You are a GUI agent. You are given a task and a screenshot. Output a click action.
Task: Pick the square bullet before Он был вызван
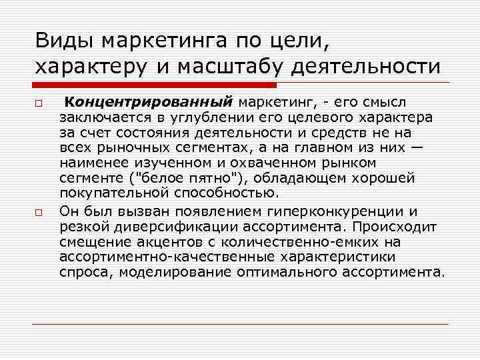(39, 212)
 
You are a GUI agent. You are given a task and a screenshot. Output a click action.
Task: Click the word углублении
(201, 117)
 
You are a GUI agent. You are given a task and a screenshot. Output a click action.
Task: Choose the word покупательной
(113, 193)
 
